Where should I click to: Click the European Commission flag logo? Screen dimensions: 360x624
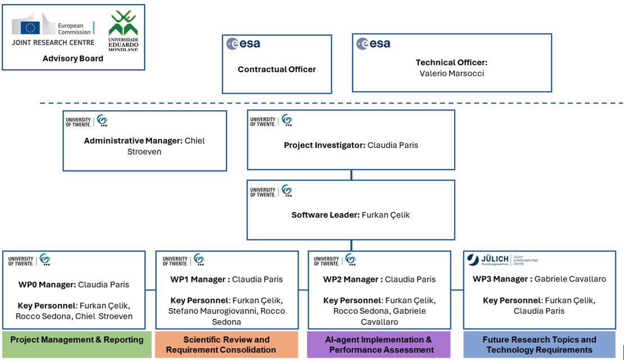[x=30, y=27]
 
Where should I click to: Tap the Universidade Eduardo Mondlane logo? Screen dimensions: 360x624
[x=123, y=30]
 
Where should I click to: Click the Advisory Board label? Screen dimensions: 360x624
[x=73, y=58]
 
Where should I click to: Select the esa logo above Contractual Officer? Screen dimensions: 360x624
[x=243, y=43]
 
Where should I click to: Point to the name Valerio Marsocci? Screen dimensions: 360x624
[x=451, y=73]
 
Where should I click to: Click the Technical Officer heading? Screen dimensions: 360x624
[x=451, y=62]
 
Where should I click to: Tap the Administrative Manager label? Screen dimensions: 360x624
[x=133, y=141]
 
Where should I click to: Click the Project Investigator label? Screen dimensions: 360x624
[x=324, y=145]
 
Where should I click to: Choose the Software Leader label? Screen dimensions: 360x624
[x=325, y=215]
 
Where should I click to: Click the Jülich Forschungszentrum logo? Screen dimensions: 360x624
[x=502, y=259]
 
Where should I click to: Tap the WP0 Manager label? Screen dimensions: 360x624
[x=47, y=285]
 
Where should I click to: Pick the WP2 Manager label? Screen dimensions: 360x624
[x=352, y=279]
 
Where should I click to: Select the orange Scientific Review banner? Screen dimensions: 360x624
[x=227, y=344]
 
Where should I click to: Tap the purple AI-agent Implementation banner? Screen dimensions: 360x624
[x=378, y=344]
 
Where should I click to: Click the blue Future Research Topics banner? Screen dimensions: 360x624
[x=539, y=344]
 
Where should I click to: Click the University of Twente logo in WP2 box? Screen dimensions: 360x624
[x=335, y=260]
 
